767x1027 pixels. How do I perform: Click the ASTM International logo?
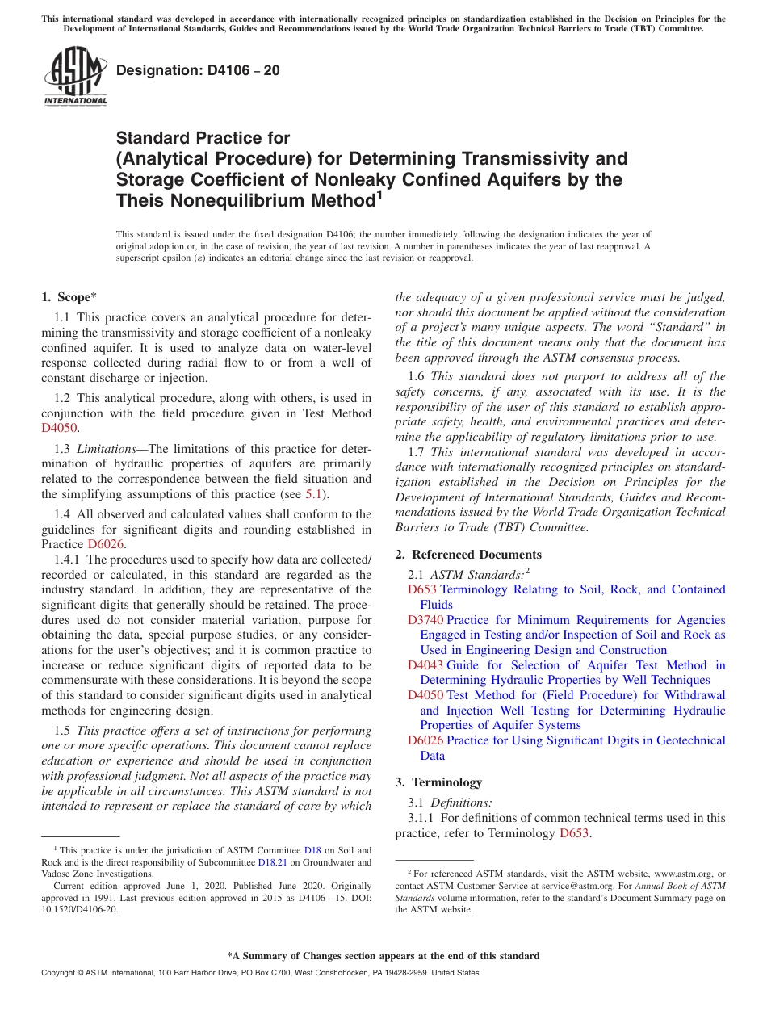75,77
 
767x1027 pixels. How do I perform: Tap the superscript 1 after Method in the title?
379,194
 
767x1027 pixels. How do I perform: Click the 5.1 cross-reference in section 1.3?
314,493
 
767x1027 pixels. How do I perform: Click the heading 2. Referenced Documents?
468,555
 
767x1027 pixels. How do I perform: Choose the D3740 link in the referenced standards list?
425,620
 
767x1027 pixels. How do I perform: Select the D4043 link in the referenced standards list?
425,665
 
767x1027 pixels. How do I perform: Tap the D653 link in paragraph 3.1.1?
575,832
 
